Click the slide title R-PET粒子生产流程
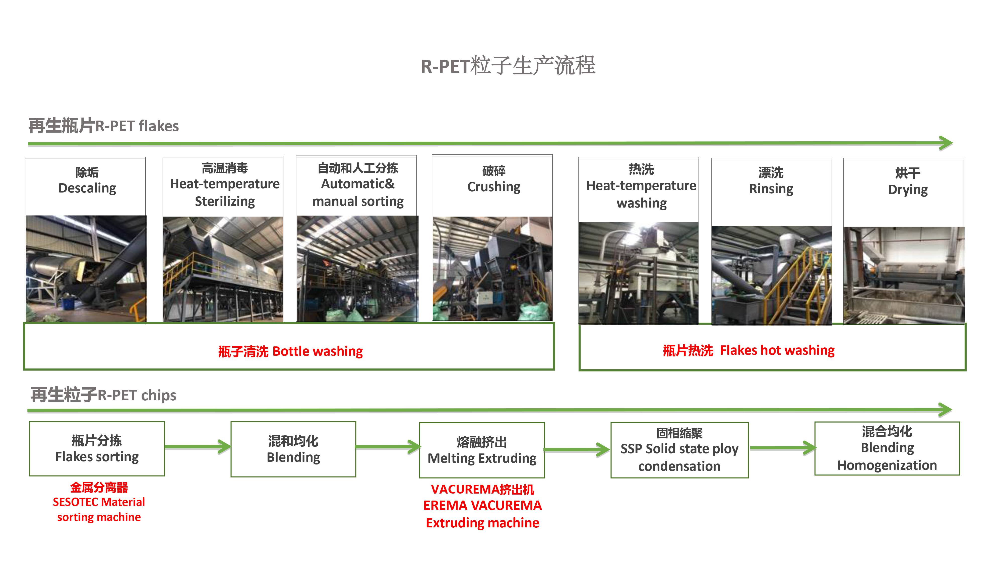508,65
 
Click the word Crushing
493,187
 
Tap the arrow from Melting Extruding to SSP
577,449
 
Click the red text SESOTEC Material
99,502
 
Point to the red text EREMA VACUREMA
482,505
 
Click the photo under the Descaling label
86,268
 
